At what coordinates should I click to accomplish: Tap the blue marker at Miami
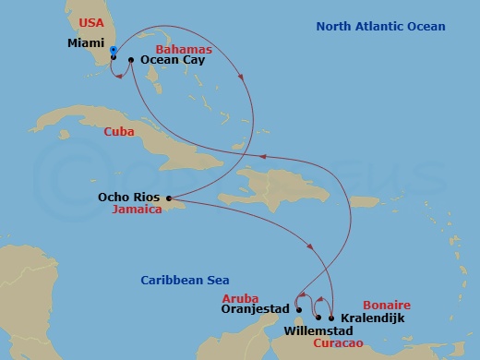pyautogui.click(x=113, y=50)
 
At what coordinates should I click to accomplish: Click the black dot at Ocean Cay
pyautogui.click(x=131, y=60)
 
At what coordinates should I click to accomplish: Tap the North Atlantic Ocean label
pyautogui.click(x=380, y=27)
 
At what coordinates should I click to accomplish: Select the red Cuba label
pyautogui.click(x=118, y=131)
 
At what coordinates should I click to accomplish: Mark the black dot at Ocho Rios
pyautogui.click(x=168, y=198)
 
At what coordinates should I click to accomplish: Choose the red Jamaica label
pyautogui.click(x=136, y=210)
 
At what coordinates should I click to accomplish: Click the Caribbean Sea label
pyautogui.click(x=185, y=281)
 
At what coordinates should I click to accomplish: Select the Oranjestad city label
pyautogui.click(x=257, y=310)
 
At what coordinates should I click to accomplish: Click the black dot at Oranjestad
pyautogui.click(x=299, y=310)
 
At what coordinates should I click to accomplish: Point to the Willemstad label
pyautogui.click(x=317, y=329)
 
